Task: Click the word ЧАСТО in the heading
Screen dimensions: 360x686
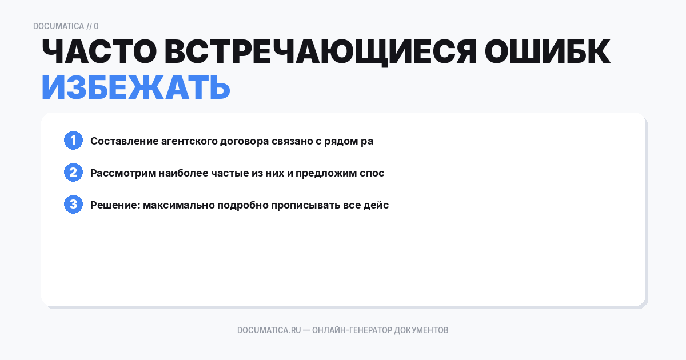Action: click(97, 53)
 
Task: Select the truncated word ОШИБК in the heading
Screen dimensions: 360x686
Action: click(548, 53)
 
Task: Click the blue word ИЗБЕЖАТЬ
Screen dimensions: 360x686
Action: click(135, 88)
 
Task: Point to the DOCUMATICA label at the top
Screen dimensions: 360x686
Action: click(58, 26)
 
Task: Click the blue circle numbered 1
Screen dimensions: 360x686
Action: click(73, 141)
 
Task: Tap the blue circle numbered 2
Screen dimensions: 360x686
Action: click(73, 173)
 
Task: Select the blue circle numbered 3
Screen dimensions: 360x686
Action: click(73, 205)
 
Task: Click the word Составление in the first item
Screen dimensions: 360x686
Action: click(122, 141)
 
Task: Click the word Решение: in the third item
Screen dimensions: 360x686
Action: click(114, 205)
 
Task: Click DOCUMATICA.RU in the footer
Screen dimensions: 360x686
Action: click(269, 330)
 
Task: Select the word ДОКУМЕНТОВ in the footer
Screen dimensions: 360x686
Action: click(421, 330)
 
